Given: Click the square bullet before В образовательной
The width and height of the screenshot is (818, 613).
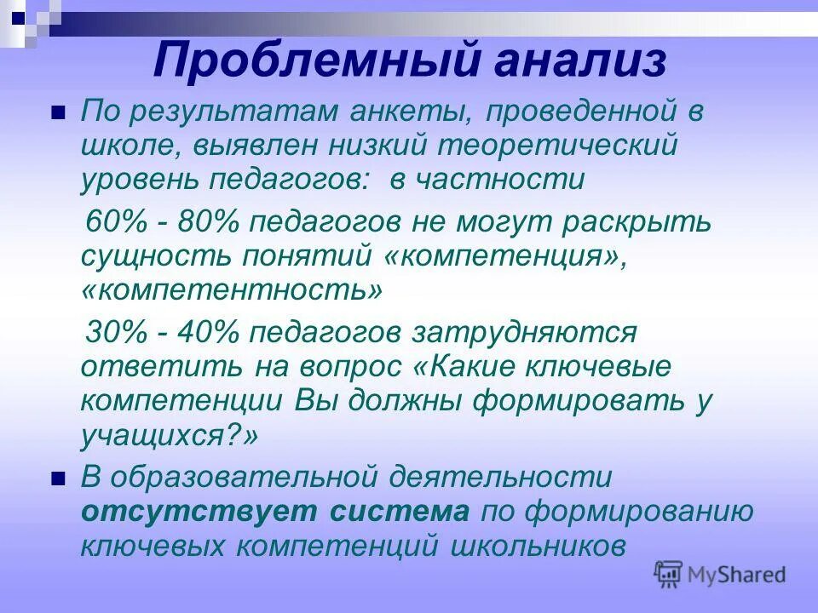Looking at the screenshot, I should coord(58,478).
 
